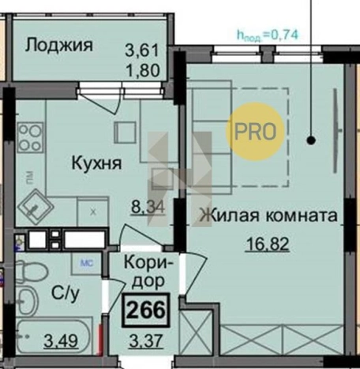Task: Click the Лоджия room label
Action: pos(59,44)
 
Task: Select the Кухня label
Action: pos(96,164)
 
